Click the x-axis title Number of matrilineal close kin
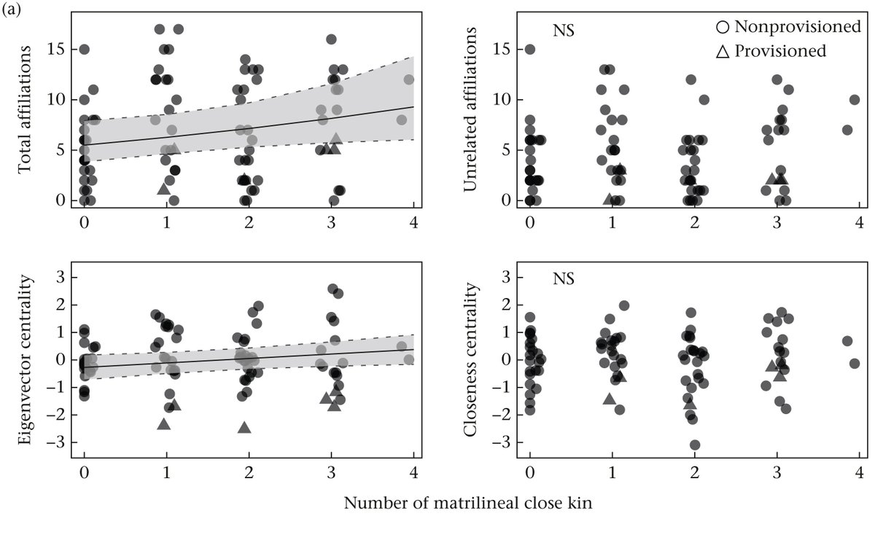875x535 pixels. [467, 504]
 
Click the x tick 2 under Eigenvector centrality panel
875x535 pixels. [249, 472]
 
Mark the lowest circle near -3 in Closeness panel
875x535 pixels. [695, 445]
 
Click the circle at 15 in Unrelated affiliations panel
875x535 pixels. [530, 50]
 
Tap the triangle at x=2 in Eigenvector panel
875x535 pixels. [245, 428]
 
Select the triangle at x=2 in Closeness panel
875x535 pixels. [690, 403]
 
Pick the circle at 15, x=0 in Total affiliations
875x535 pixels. [84, 50]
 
